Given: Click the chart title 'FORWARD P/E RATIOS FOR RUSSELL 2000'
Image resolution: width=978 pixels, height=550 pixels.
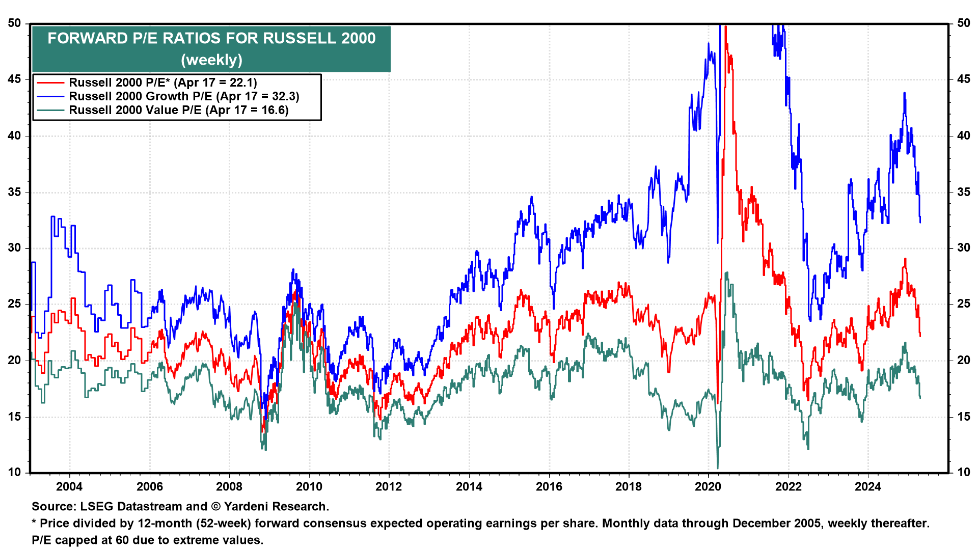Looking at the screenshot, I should [211, 38].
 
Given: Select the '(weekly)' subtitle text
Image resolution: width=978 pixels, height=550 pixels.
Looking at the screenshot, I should [211, 60].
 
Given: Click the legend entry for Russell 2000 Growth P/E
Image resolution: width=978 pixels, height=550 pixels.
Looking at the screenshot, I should [184, 96].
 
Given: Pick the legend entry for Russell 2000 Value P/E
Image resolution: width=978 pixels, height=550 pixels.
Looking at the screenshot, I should [178, 110].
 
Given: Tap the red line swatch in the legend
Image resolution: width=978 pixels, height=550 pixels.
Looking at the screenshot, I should [50, 82].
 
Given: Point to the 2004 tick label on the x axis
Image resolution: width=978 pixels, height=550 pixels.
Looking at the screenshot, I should [69, 486].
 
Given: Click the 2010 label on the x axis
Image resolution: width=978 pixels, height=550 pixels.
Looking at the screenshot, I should [309, 486].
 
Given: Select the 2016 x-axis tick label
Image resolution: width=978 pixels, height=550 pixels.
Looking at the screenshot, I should [549, 486].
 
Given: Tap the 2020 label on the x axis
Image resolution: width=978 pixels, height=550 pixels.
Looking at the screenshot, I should [708, 486].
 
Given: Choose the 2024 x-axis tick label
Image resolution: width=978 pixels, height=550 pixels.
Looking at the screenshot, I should [868, 486].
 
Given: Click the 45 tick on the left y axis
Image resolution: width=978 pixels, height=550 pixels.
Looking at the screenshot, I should [15, 79].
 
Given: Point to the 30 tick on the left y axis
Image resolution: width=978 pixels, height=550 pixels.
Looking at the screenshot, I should [15, 248].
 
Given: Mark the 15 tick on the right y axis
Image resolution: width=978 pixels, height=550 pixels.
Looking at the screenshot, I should [964, 417].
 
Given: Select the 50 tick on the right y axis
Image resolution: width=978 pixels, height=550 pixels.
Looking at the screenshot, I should [964, 23].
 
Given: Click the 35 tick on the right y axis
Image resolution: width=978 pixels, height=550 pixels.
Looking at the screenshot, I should [964, 192].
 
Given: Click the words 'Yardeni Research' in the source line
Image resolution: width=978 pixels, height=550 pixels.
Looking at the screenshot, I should [275, 507].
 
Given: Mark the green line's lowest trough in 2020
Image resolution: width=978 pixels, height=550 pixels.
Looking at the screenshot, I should [718, 468].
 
